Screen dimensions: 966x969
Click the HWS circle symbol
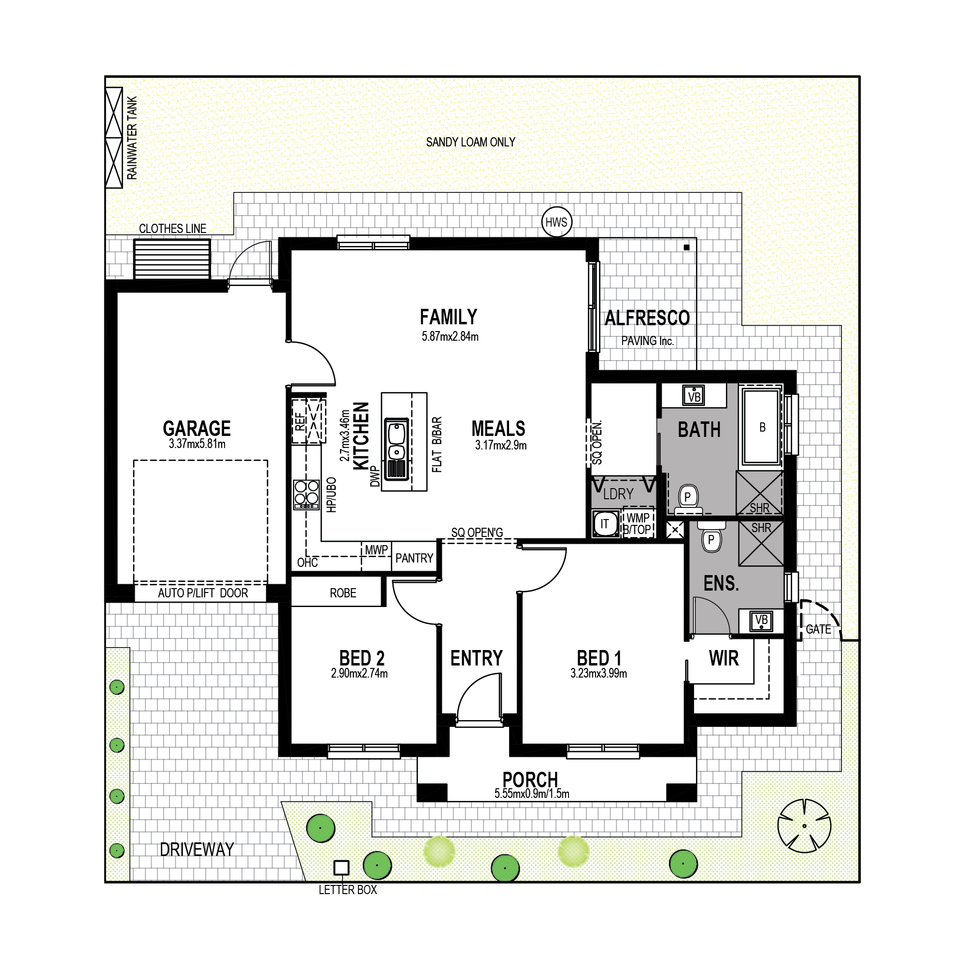pyautogui.click(x=556, y=222)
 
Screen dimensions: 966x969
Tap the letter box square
pyautogui.click(x=341, y=867)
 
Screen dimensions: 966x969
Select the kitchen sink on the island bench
pyautogui.click(x=396, y=449)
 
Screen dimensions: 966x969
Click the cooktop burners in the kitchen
pyautogui.click(x=306, y=494)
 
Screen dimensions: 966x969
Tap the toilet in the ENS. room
pyautogui.click(x=711, y=537)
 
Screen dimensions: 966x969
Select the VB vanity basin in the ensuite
pyautogui.click(x=761, y=621)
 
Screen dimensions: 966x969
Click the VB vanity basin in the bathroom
pyautogui.click(x=694, y=395)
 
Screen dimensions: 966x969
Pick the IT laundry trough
pyautogui.click(x=605, y=523)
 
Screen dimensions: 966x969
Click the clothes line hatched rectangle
pyautogui.click(x=172, y=259)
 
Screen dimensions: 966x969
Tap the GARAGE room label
pyautogui.click(x=197, y=428)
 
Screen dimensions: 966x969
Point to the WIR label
pyautogui.click(x=724, y=658)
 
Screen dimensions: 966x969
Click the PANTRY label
pyautogui.click(x=414, y=558)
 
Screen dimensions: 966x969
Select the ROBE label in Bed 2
pyautogui.click(x=343, y=593)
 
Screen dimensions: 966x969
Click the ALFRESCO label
pyautogui.click(x=647, y=318)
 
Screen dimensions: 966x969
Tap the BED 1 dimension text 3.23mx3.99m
pyautogui.click(x=598, y=674)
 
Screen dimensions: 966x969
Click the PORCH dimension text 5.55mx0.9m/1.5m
pyautogui.click(x=532, y=794)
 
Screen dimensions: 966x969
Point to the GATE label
pyautogui.click(x=818, y=629)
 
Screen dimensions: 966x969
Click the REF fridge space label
pyautogui.click(x=300, y=421)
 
